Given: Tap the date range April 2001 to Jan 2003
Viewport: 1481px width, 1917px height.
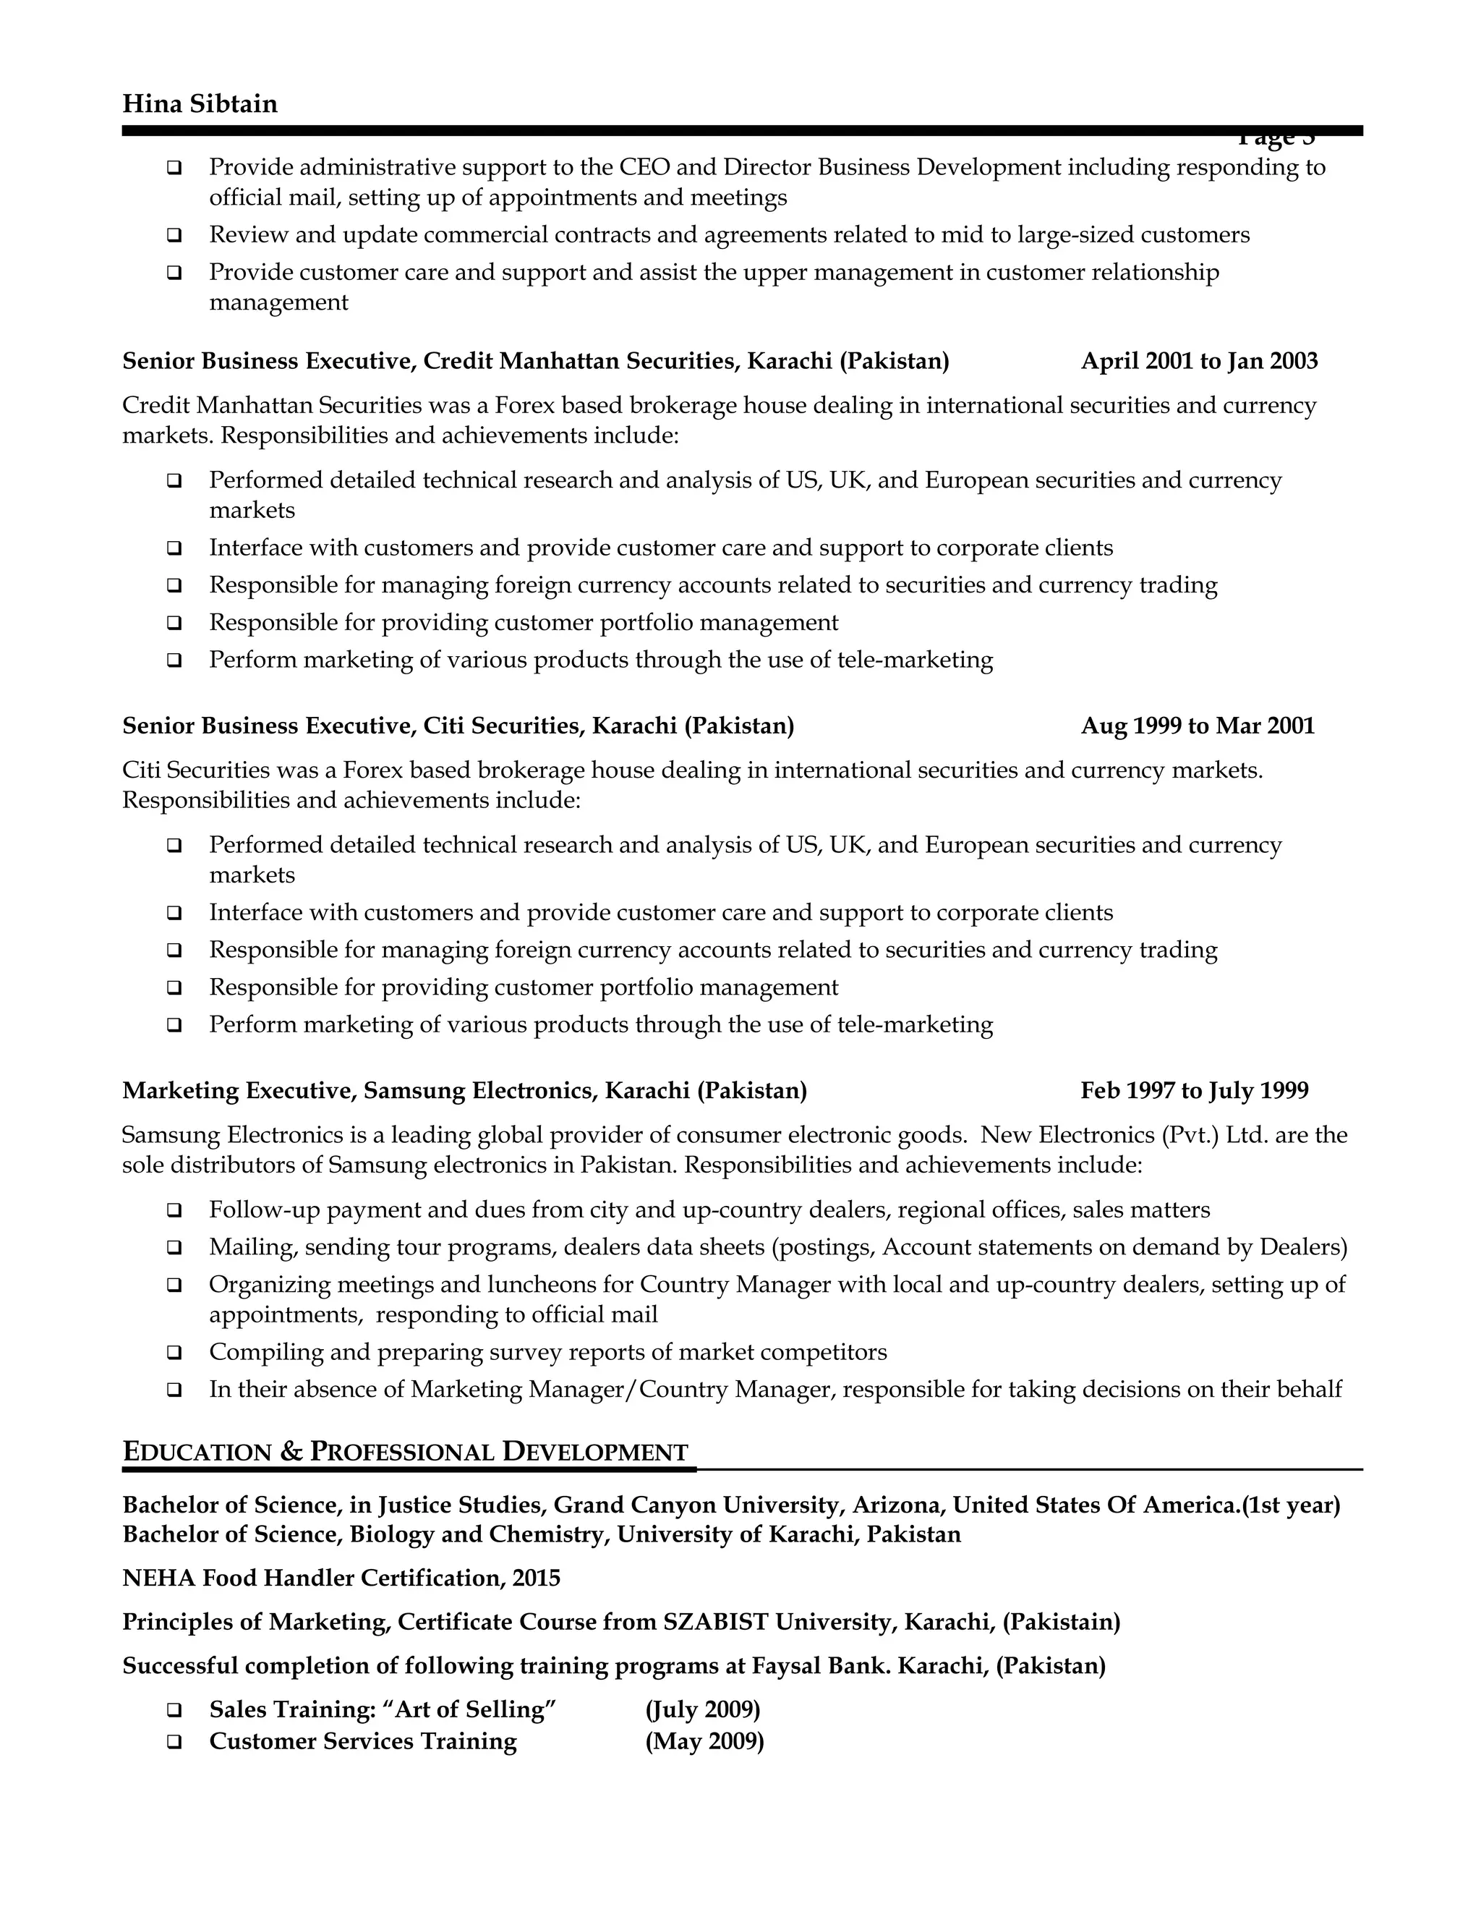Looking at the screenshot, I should point(1198,362).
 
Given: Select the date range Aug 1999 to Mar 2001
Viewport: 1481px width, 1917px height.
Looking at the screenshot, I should point(1198,726).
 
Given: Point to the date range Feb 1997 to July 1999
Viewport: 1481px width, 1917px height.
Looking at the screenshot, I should point(1194,1091).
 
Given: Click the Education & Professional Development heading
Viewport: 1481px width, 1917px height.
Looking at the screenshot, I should point(406,1452).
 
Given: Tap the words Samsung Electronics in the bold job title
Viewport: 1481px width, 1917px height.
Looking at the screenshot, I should point(479,1091).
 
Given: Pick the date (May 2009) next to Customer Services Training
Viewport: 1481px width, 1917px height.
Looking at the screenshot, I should point(704,1741).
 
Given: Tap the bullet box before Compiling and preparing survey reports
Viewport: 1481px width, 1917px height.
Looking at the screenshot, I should point(174,1353).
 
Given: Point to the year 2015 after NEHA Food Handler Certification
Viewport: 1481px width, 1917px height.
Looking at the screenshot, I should point(536,1578).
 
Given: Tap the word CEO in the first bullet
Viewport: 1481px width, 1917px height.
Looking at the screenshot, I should point(644,167).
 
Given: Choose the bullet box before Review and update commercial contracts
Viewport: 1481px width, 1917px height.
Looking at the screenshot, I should point(174,235).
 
